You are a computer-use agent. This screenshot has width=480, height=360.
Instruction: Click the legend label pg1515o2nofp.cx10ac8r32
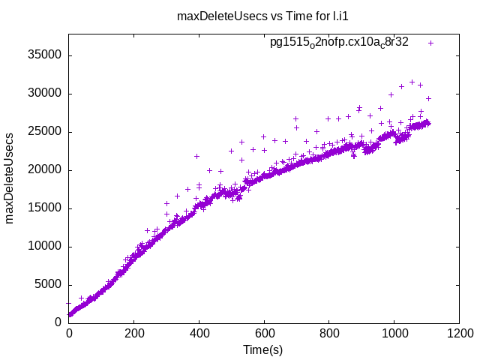pos(339,42)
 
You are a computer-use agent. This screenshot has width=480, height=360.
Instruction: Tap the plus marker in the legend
pos(430,43)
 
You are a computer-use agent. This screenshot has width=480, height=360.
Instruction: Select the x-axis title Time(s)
pos(263,349)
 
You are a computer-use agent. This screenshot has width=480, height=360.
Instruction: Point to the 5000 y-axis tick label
pos(48,285)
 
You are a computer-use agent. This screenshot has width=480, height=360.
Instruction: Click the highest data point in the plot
pos(412,82)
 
